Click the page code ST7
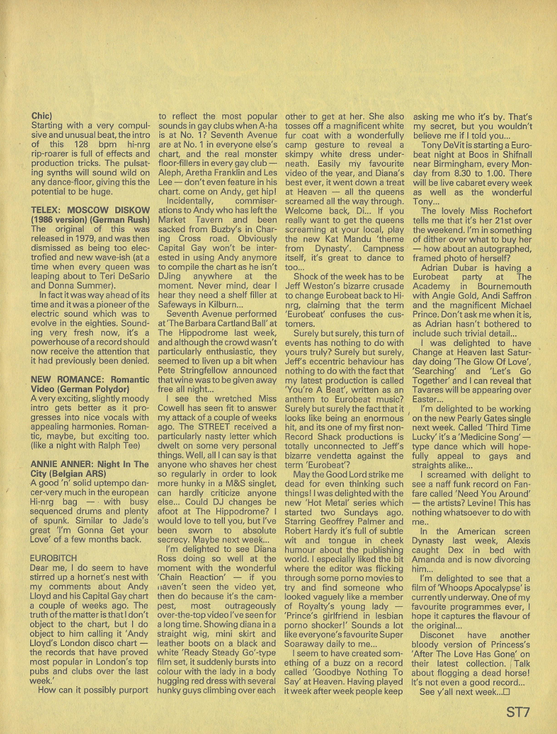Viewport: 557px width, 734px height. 518,712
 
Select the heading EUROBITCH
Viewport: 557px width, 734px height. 53,558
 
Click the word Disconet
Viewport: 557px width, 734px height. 437,635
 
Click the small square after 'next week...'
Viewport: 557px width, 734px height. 506,692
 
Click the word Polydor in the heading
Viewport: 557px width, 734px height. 111,389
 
